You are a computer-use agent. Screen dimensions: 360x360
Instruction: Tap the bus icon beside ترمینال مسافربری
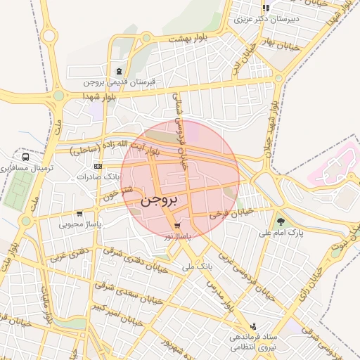click(x=26, y=157)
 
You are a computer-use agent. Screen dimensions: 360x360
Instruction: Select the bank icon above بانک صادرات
click(x=97, y=166)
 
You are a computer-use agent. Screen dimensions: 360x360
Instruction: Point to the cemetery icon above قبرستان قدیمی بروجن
click(x=119, y=71)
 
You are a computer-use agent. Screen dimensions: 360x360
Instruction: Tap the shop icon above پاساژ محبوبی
click(x=79, y=213)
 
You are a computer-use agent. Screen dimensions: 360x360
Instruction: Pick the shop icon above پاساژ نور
click(x=175, y=226)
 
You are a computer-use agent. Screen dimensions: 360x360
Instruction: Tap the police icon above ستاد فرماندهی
click(x=253, y=326)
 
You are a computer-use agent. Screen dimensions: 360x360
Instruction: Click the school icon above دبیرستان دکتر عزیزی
click(x=266, y=8)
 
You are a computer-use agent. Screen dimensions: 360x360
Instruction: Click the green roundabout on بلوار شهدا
click(x=58, y=95)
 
